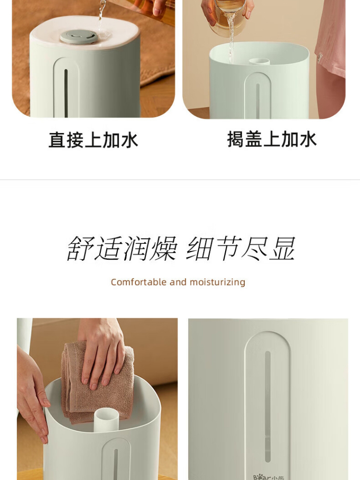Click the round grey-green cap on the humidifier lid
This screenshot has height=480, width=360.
pos(79,37)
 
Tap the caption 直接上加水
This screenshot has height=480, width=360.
pos(94,140)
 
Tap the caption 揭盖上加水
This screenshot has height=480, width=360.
pos(272,139)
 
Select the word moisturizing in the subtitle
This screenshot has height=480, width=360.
pos(217,282)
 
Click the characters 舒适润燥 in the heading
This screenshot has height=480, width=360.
pos(122,248)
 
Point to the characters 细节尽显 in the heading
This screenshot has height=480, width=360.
pos(240,248)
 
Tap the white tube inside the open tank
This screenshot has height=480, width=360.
pos(106,420)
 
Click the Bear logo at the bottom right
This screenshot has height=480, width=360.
pos(268,477)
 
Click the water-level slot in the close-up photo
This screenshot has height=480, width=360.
pos(267,407)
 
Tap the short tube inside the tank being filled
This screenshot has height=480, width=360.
pos(259,61)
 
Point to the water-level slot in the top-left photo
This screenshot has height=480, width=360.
pos(66,93)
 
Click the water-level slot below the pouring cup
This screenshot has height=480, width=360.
pos(258,101)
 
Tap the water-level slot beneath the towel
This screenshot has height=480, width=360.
pos(116,464)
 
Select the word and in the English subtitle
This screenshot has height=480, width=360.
pos(178,282)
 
